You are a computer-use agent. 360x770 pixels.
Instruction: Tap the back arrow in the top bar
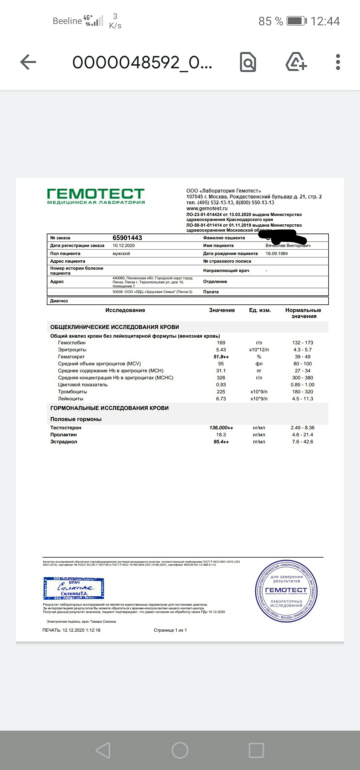(28, 62)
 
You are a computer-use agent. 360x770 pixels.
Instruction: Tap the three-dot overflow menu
(338, 62)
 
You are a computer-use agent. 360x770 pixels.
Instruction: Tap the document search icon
(248, 62)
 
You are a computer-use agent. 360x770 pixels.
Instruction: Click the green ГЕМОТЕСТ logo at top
(96, 196)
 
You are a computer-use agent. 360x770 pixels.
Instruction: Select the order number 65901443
(127, 238)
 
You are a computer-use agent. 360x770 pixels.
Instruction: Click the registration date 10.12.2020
(124, 246)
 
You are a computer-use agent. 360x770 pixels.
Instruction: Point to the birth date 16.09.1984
(277, 254)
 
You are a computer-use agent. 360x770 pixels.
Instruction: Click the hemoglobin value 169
(221, 343)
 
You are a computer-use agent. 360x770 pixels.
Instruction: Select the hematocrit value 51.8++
(221, 357)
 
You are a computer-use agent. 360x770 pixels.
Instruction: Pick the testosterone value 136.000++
(221, 428)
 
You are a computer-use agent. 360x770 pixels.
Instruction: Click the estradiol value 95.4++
(221, 442)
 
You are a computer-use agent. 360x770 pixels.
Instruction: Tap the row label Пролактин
(64, 435)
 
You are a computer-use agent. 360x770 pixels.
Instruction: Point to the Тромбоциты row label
(72, 392)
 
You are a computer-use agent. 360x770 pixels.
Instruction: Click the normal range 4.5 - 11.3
(303, 399)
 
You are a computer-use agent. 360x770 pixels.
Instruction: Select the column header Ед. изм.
(260, 310)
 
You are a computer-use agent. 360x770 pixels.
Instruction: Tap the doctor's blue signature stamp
(74, 588)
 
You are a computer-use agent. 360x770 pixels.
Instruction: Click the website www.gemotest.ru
(207, 209)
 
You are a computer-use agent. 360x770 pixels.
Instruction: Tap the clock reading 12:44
(325, 21)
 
